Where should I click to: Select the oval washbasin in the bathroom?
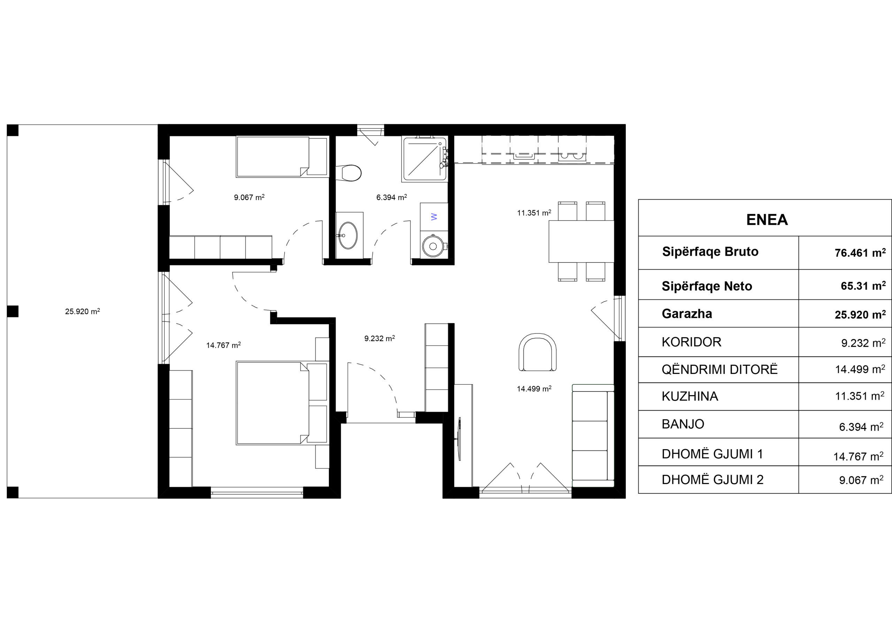click(x=348, y=236)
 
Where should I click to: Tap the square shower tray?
click(x=425, y=159)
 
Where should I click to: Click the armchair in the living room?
click(x=537, y=352)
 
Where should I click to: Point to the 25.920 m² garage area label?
click(x=82, y=311)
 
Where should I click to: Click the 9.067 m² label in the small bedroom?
click(x=249, y=197)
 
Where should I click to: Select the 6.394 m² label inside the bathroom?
click(x=392, y=197)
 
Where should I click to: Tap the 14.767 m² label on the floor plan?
click(x=223, y=345)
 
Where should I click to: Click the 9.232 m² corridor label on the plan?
click(x=379, y=338)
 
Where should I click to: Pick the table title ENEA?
click(x=767, y=220)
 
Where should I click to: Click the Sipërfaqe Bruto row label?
click(x=710, y=252)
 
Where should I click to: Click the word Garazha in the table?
click(x=687, y=314)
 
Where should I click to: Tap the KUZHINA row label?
click(x=690, y=396)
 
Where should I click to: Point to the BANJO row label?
click(x=683, y=424)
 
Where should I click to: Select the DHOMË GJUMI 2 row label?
click(x=713, y=480)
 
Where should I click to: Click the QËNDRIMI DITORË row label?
click(x=720, y=369)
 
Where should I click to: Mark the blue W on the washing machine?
click(x=434, y=217)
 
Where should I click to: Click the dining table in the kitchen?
click(x=581, y=241)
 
